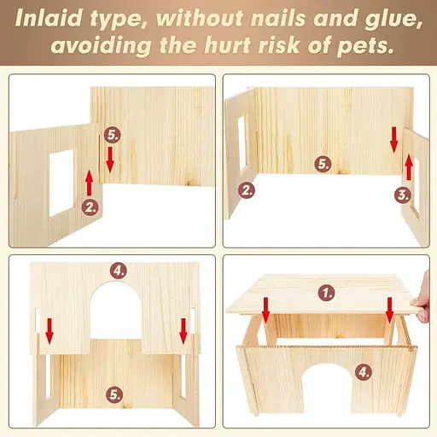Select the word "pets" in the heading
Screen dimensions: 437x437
(365, 45)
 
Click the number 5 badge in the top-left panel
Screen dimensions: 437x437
(112, 135)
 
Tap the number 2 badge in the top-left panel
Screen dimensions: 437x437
(90, 207)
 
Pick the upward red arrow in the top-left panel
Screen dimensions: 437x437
(90, 183)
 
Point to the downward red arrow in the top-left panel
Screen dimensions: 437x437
(110, 160)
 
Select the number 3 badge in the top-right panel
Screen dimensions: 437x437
(403, 195)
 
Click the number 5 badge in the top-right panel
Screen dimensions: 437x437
(323, 164)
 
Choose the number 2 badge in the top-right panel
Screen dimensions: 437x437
(247, 190)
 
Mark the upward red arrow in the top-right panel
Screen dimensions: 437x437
(409, 167)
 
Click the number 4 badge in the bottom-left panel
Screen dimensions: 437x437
(119, 271)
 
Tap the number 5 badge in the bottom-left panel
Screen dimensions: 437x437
(114, 394)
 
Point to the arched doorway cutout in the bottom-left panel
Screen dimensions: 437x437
(116, 310)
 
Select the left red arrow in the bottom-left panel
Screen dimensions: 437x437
(50, 331)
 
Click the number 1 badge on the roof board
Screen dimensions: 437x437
(327, 293)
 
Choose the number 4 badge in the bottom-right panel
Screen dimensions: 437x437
(364, 371)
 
